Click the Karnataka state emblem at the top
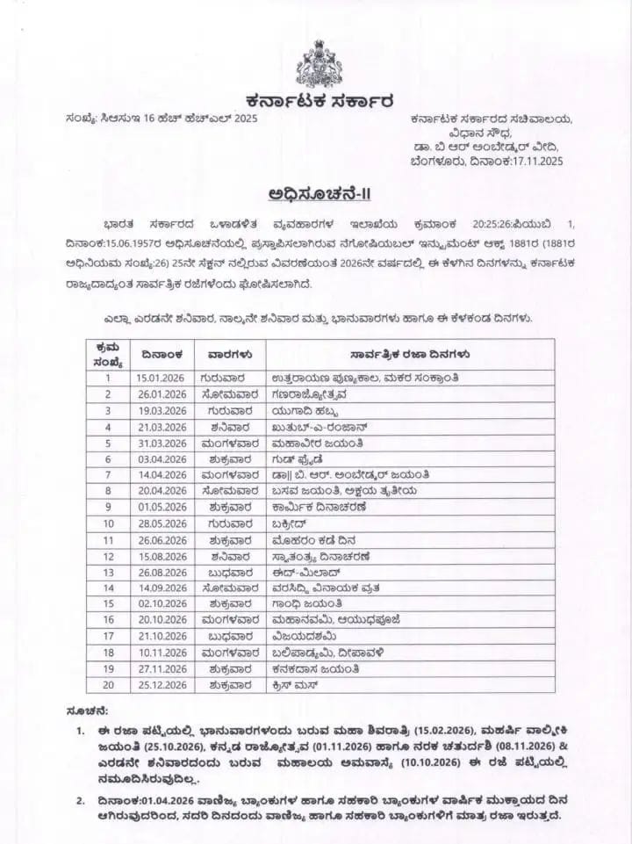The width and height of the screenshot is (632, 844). (x=316, y=60)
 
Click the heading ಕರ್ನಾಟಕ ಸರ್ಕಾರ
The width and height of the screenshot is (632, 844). (x=316, y=98)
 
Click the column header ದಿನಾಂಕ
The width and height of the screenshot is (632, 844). (x=160, y=354)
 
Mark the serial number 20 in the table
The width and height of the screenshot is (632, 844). (x=109, y=684)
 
